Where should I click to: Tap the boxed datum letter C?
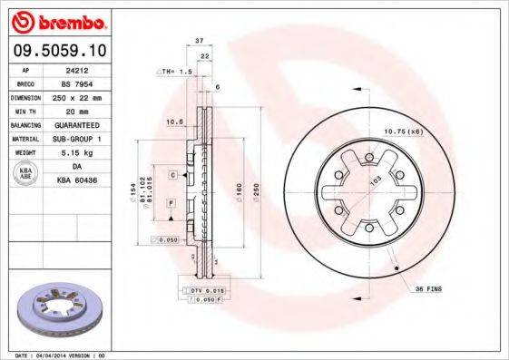pyautogui.click(x=171, y=173)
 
